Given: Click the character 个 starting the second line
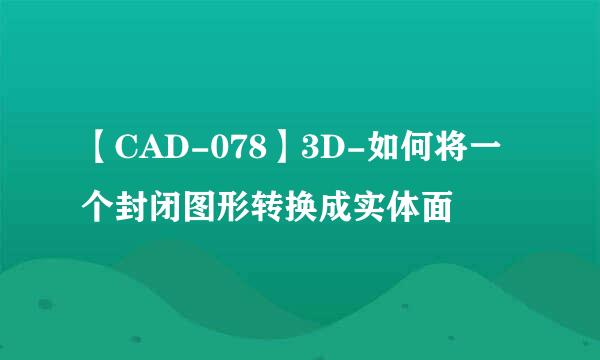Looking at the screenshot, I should click(x=100, y=208).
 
